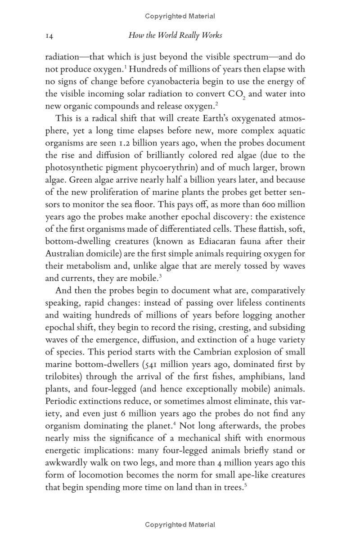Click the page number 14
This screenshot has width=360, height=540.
(x=49, y=36)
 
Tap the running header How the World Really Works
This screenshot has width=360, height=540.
(x=175, y=35)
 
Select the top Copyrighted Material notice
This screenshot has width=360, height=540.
(x=180, y=16)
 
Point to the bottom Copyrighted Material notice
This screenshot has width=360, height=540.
(x=180, y=525)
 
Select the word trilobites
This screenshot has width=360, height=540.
(x=63, y=376)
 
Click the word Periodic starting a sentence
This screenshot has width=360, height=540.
(x=63, y=401)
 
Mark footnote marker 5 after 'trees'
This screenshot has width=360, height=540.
(x=245, y=485)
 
